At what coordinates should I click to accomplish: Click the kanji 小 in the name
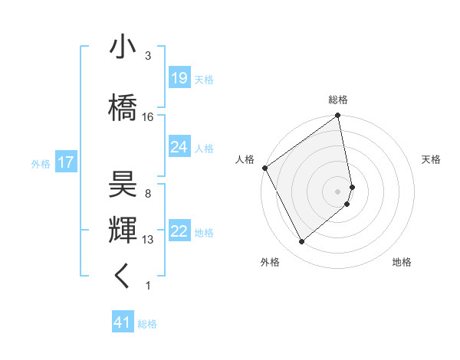[x=123, y=48]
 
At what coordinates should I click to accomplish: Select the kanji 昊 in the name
[x=123, y=184]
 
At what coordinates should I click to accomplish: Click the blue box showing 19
[x=179, y=78]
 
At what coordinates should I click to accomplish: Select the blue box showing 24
[x=179, y=147]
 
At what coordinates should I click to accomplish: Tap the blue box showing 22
[x=179, y=231]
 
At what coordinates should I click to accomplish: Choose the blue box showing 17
[x=65, y=162]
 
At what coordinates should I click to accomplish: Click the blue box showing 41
[x=122, y=322]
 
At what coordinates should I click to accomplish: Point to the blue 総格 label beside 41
[x=147, y=324]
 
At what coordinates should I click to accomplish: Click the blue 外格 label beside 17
[x=41, y=163]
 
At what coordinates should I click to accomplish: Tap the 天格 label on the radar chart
[x=431, y=159]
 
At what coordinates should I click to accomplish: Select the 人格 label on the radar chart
[x=245, y=159]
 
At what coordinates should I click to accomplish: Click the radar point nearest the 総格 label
[x=338, y=116]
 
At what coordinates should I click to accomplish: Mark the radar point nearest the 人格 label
[x=264, y=168]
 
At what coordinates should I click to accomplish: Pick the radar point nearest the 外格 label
[x=301, y=241]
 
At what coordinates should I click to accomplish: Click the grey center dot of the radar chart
[x=338, y=191]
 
